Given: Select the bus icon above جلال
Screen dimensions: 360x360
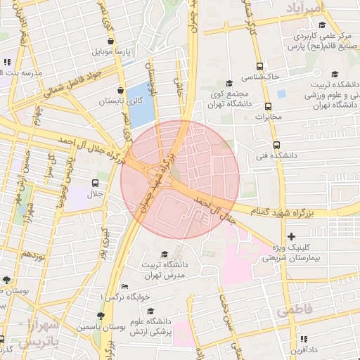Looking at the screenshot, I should tap(94, 183).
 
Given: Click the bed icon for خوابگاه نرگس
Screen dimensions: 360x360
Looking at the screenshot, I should tap(124, 286).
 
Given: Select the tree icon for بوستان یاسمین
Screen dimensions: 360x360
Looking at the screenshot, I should tap(101, 316).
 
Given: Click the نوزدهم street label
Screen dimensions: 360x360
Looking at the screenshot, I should tap(33, 254).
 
